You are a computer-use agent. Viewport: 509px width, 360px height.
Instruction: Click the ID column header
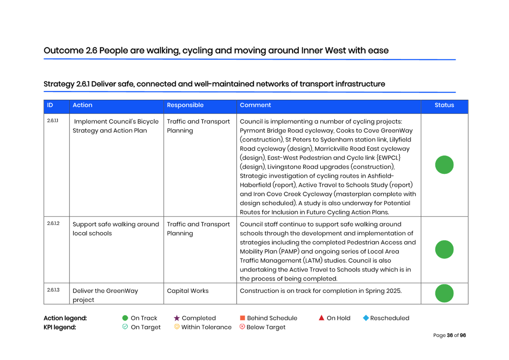pos(50,105)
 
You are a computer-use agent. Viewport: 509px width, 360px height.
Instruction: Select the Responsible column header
pos(185,105)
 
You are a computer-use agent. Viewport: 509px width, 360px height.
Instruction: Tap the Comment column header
pos(255,105)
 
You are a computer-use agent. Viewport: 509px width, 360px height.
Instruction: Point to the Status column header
pos(444,105)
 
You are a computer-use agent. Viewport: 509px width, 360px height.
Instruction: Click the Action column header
pos(82,105)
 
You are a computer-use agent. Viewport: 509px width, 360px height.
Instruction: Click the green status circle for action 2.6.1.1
pos(444,165)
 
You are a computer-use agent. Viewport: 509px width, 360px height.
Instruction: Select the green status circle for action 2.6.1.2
pos(444,250)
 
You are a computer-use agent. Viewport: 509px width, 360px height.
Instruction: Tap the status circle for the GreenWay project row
pos(444,293)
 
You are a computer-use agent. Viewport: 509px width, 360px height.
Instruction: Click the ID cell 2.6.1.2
pos(53,224)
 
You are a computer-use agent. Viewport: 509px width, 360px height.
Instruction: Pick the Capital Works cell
pos(188,291)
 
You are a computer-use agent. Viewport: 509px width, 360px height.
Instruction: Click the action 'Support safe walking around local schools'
pos(115,229)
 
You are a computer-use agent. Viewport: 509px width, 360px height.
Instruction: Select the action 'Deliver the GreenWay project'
pos(105,295)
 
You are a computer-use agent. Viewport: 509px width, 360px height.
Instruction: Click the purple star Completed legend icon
pos(177,318)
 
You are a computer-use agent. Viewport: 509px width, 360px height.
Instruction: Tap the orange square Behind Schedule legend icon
pos(243,318)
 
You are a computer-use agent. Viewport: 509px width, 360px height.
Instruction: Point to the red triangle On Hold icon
pos(321,318)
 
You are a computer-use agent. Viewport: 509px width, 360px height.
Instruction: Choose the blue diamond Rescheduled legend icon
pos(365,318)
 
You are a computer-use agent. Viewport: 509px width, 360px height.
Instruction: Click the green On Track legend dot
pos(125,318)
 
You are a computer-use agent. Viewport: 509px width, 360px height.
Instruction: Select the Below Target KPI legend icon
pos(242,327)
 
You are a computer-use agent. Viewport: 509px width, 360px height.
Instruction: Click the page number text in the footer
pos(449,335)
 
